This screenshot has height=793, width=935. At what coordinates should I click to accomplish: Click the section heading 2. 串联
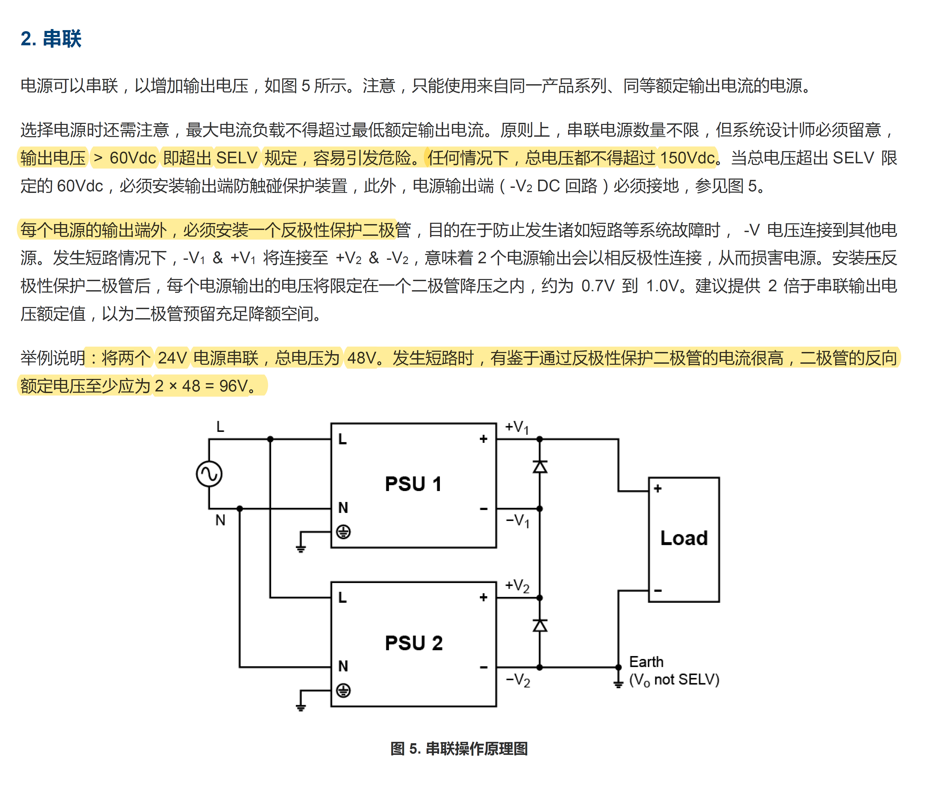click(x=51, y=39)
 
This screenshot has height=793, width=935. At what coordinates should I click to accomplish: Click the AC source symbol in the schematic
click(x=209, y=474)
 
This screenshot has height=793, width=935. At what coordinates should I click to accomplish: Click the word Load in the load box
click(x=684, y=538)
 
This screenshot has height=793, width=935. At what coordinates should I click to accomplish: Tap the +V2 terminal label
click(x=517, y=585)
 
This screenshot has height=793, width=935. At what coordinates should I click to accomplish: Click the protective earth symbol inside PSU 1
click(x=343, y=532)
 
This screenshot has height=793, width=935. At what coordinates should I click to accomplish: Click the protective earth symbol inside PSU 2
click(x=343, y=690)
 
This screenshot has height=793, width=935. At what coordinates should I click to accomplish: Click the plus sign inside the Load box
click(x=658, y=489)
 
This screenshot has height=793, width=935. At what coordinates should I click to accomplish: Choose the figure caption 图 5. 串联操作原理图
click(x=459, y=749)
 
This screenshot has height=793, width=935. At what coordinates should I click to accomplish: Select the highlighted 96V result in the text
click(x=233, y=386)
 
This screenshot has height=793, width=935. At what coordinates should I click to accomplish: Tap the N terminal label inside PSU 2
click(x=343, y=666)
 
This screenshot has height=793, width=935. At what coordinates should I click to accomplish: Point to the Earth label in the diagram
click(x=646, y=662)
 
